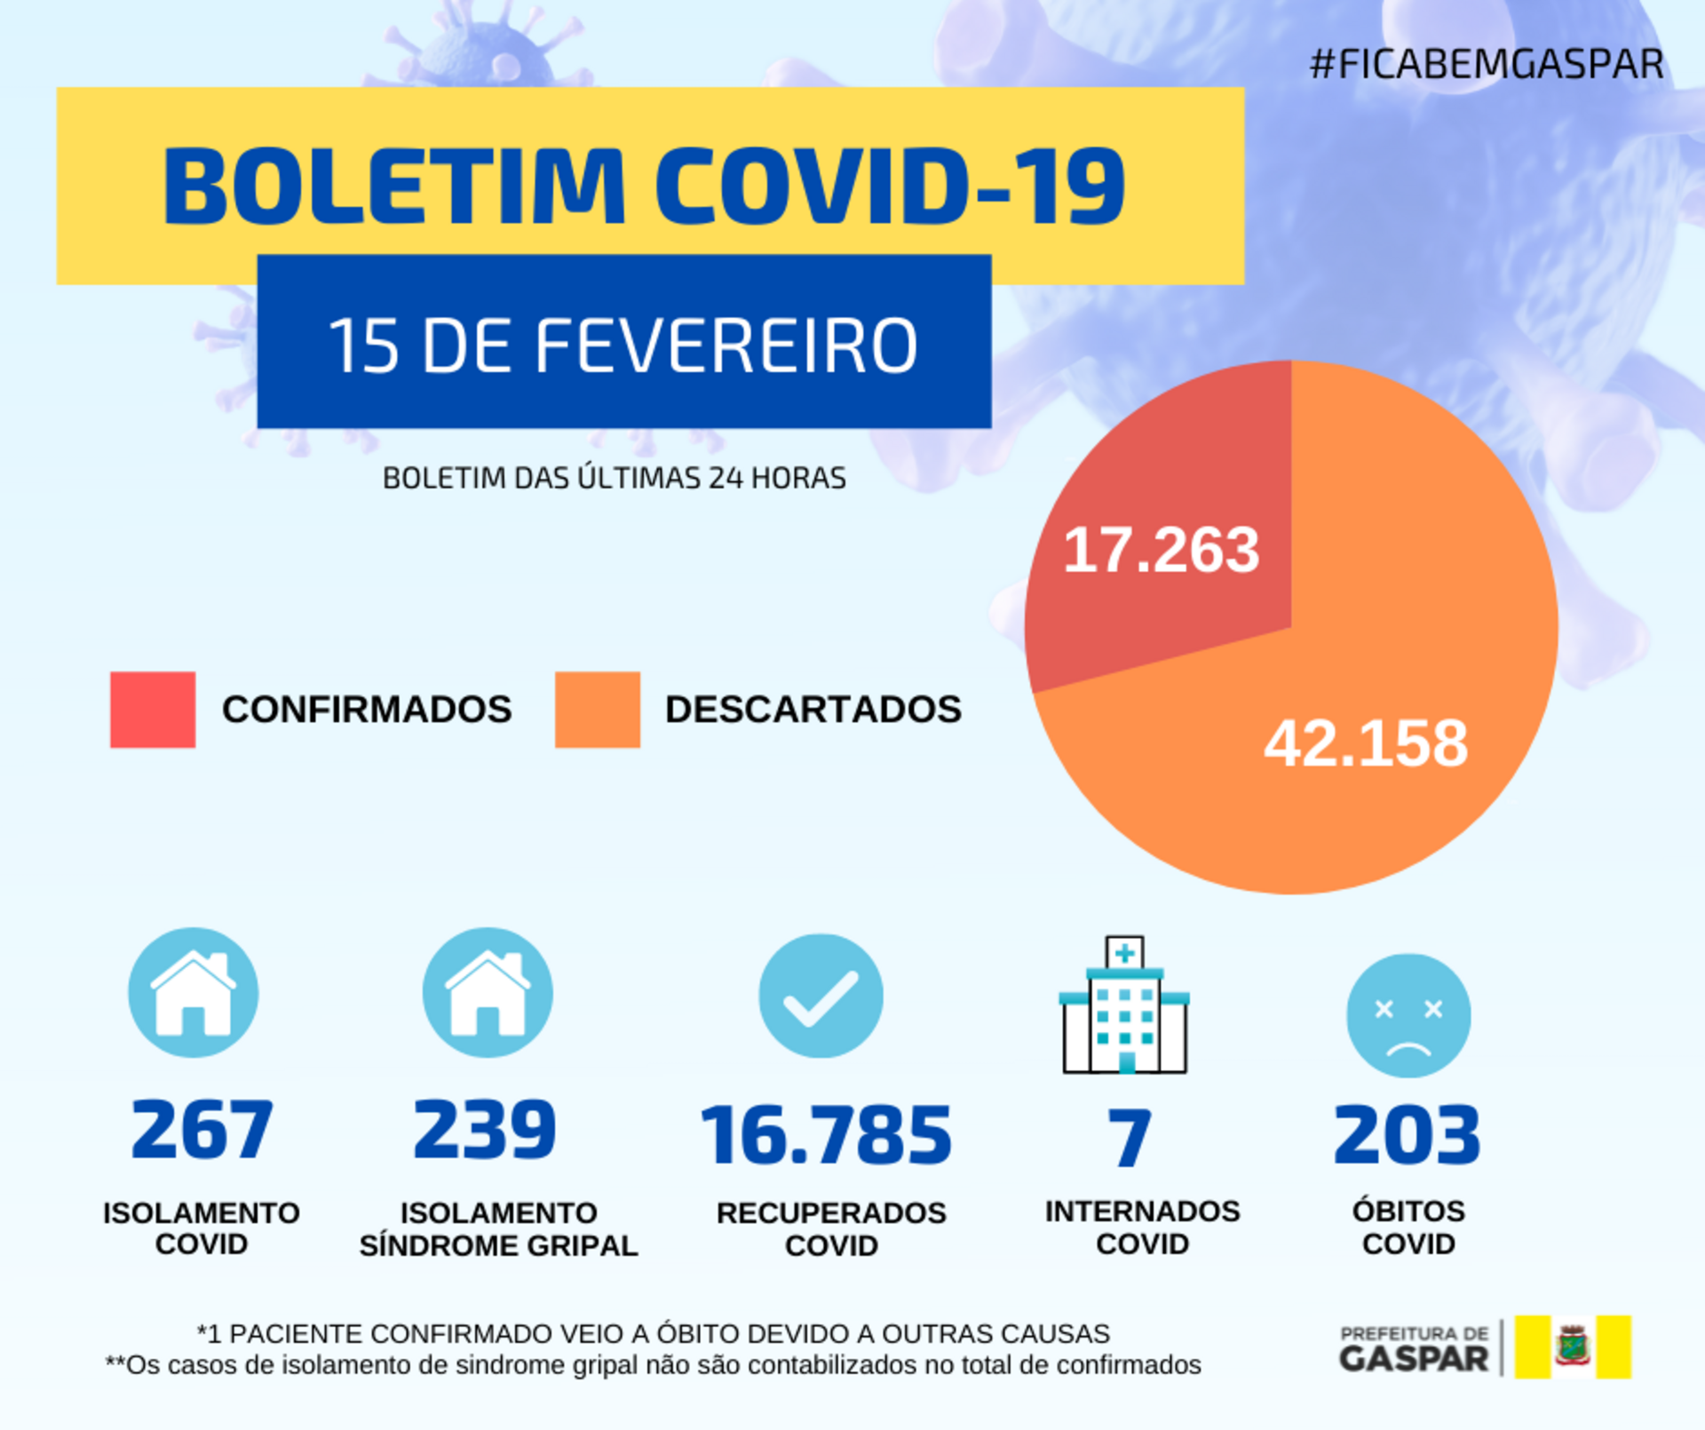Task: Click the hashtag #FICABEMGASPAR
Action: (1486, 64)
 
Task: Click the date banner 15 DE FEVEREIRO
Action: (623, 345)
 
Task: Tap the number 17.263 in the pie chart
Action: (1161, 550)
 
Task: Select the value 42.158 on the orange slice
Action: (1366, 743)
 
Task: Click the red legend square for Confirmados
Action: (153, 710)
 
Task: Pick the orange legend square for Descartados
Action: (597, 710)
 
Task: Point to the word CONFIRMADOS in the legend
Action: (367, 710)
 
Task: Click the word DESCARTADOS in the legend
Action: (813, 710)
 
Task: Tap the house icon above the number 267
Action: (194, 992)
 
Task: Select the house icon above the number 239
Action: (488, 992)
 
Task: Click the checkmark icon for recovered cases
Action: (821, 996)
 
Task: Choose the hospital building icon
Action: (1124, 1005)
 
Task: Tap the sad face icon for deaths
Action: (1408, 1015)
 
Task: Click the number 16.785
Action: (826, 1135)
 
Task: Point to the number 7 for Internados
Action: (1130, 1138)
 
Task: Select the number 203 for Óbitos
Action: (1408, 1135)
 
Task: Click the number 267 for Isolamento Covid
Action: (202, 1130)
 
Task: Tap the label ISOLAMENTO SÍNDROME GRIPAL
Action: (498, 1229)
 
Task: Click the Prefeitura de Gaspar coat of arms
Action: (1573, 1347)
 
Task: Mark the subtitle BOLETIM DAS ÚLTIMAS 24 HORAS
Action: (614, 478)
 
